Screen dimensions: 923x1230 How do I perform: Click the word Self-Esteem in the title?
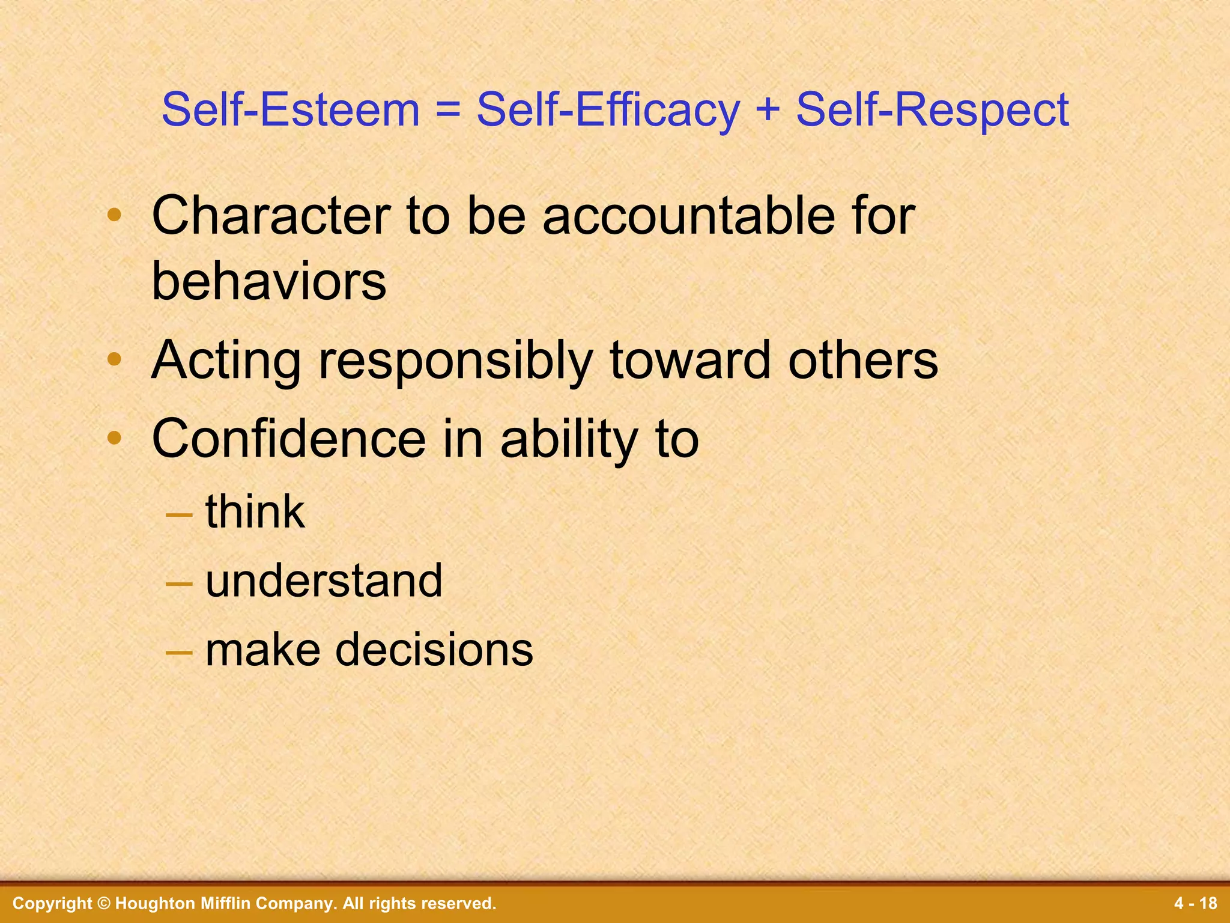tap(290, 110)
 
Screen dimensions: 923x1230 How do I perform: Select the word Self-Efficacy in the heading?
tap(608, 111)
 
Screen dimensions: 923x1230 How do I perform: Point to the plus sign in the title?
tap(768, 111)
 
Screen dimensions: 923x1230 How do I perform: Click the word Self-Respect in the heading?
tap(932, 111)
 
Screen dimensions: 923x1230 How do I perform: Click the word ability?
tap(568, 439)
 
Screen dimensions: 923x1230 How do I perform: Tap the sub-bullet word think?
tap(255, 511)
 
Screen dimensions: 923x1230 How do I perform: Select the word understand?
tap(324, 580)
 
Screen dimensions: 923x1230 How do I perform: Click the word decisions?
tap(434, 650)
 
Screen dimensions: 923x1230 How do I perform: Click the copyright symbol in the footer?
tap(103, 903)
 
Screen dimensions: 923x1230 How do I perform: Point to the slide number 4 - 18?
tap(1195, 903)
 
